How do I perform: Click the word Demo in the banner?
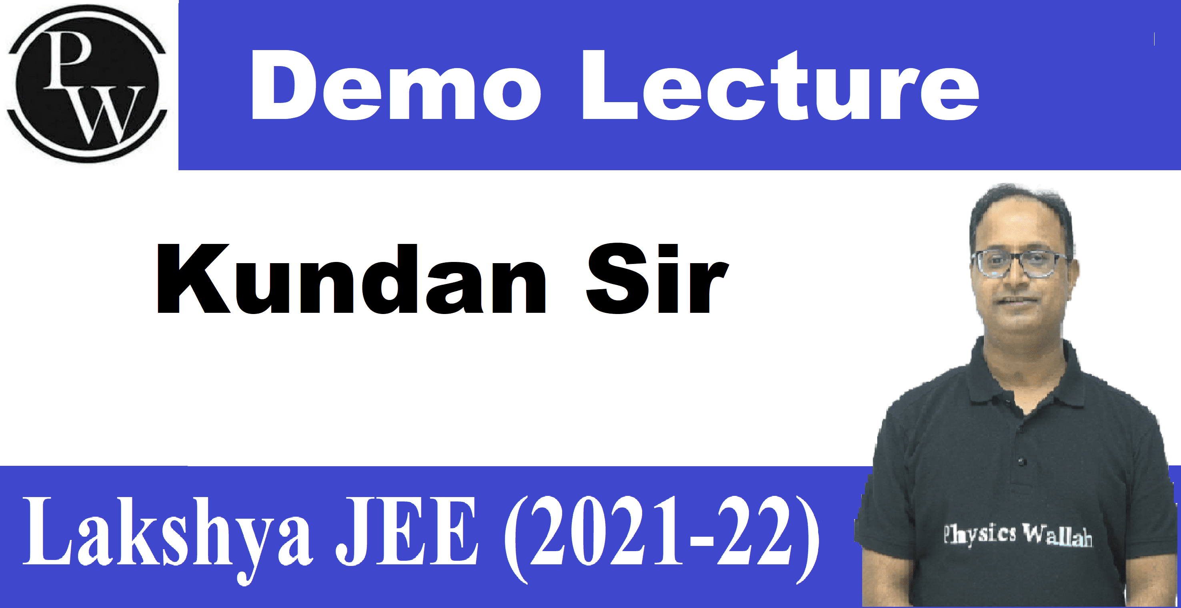(x=396, y=85)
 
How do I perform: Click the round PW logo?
(x=87, y=84)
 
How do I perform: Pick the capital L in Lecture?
(x=610, y=85)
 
